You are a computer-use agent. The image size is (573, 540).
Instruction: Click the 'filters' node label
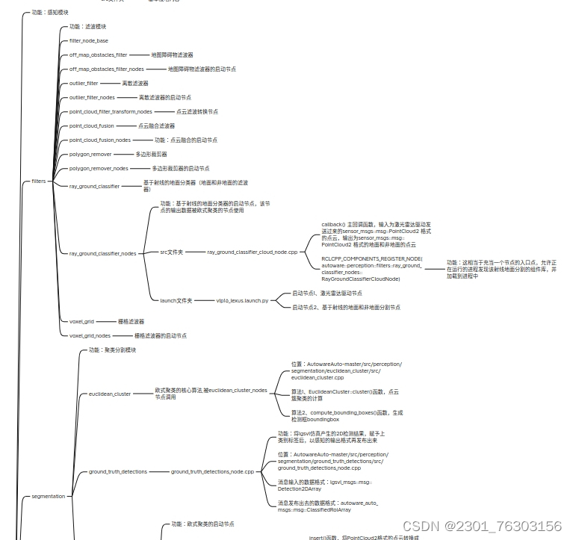pyautogui.click(x=39, y=181)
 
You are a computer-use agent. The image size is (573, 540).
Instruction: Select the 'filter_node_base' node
pyautogui.click(x=88, y=40)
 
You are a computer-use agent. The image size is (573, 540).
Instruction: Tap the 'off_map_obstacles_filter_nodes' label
pyautogui.click(x=107, y=69)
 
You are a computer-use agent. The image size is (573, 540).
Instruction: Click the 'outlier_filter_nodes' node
pyautogui.click(x=92, y=97)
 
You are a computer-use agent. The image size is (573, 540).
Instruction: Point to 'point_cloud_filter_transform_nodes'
pyautogui.click(x=111, y=111)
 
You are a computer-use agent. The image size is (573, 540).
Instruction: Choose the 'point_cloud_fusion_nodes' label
pyautogui.click(x=100, y=140)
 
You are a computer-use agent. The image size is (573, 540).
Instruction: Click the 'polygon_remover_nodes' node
pyautogui.click(x=99, y=168)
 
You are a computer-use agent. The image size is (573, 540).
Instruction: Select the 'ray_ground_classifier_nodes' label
pyautogui.click(x=102, y=253)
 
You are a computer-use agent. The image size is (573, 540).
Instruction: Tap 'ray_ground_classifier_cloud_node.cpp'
pyautogui.click(x=252, y=252)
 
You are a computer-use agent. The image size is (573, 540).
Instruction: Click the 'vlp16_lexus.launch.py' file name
pyautogui.click(x=243, y=300)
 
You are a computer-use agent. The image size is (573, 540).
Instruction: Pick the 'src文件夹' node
pyautogui.click(x=172, y=252)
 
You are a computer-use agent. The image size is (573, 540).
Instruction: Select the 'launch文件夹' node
pyautogui.click(x=176, y=300)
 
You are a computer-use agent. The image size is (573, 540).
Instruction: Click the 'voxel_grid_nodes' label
pyautogui.click(x=90, y=335)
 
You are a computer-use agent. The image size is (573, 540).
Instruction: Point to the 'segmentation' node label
pyautogui.click(x=49, y=496)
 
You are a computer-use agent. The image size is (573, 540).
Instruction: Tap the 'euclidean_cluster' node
pyautogui.click(x=110, y=394)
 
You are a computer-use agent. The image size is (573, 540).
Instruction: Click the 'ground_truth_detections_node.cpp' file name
pyautogui.click(x=212, y=471)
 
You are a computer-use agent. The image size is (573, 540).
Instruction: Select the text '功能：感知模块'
pyautogui.click(x=50, y=13)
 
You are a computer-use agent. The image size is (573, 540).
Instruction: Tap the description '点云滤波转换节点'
pyautogui.click(x=197, y=111)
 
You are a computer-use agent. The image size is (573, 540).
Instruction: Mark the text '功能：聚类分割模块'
pyautogui.click(x=112, y=350)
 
